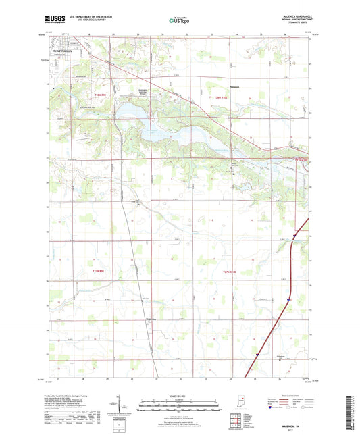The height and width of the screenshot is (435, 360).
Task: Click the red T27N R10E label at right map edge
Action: click(301, 160)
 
